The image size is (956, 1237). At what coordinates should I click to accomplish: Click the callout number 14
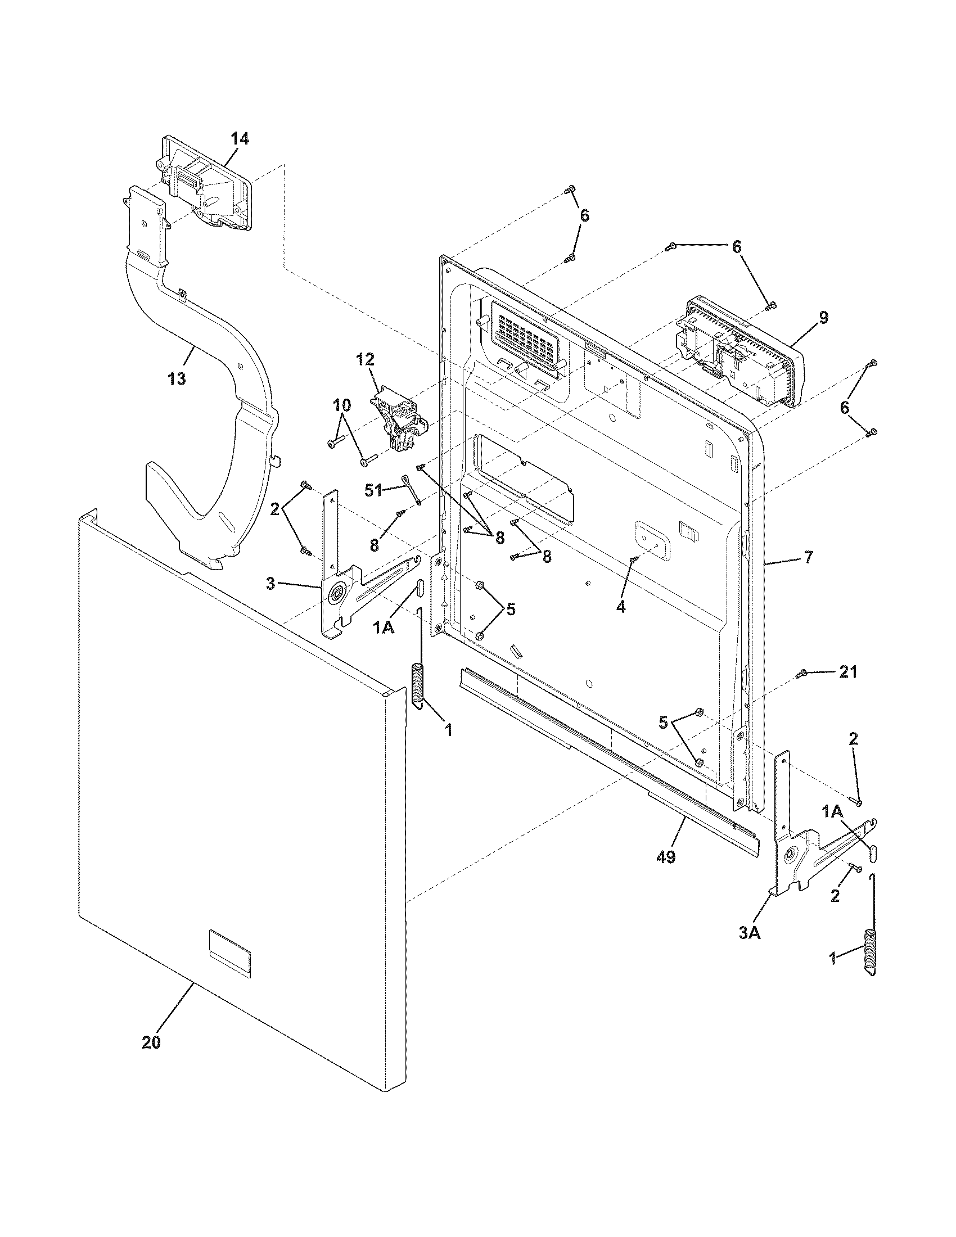pos(239,139)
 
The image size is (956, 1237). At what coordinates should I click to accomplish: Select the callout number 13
pos(177,379)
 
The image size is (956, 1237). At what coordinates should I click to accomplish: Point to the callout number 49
pos(666,857)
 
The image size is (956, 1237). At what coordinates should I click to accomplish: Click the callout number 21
pos(848,672)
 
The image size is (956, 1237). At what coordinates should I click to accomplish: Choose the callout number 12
pos(366,359)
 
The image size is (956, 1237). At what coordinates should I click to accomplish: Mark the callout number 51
pos(374,491)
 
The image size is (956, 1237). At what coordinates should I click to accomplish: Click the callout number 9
pos(823,318)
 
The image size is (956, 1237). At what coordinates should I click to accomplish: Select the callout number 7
pos(808,557)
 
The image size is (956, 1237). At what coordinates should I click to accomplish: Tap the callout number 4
pos(621,607)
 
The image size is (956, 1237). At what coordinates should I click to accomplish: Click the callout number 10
pos(341,405)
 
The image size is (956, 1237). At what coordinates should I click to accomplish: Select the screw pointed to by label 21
pos(801,674)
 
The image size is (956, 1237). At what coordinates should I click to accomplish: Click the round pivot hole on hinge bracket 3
pos(339,594)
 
